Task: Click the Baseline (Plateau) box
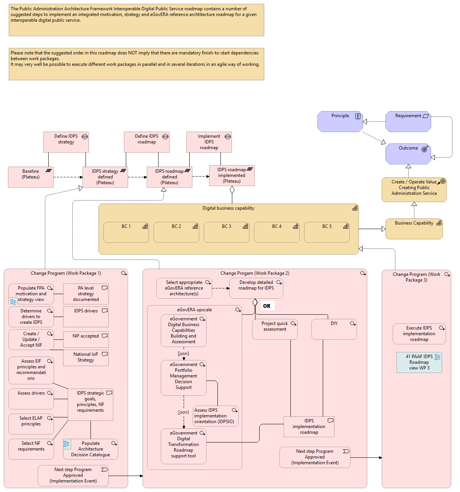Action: click(31, 177)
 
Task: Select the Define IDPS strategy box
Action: click(66, 142)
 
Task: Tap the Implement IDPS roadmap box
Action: click(209, 142)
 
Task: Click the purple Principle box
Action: click(340, 121)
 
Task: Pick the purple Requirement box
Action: click(408, 121)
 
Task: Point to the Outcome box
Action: click(408, 154)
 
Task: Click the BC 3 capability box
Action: click(227, 232)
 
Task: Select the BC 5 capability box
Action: click(327, 232)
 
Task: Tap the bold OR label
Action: click(267, 306)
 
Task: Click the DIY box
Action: click(334, 329)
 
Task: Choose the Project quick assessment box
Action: click(275, 329)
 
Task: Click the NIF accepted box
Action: click(86, 339)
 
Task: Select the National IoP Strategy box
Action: click(86, 358)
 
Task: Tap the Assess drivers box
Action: click(31, 398)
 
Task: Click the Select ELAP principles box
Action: click(31, 424)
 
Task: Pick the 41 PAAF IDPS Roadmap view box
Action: click(419, 362)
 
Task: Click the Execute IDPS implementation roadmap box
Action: click(419, 334)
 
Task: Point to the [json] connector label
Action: click(183, 353)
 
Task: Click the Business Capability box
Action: click(414, 228)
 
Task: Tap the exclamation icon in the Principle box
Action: click(358, 116)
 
